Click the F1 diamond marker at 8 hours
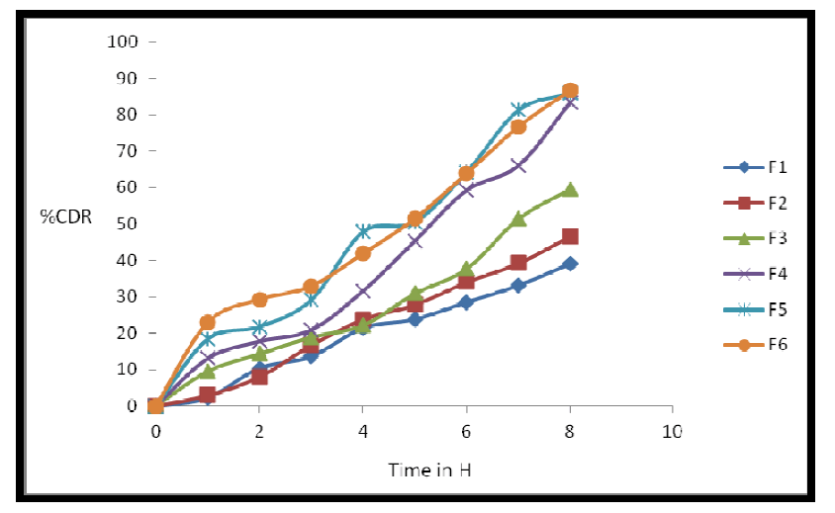[x=570, y=264]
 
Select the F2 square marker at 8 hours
[x=570, y=237]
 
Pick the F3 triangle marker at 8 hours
[x=570, y=190]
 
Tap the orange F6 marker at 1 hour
[x=208, y=322]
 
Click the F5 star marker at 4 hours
[x=363, y=230]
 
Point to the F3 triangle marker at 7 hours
[x=518, y=219]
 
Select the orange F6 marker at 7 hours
[x=518, y=127]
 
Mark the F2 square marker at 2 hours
[x=259, y=377]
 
